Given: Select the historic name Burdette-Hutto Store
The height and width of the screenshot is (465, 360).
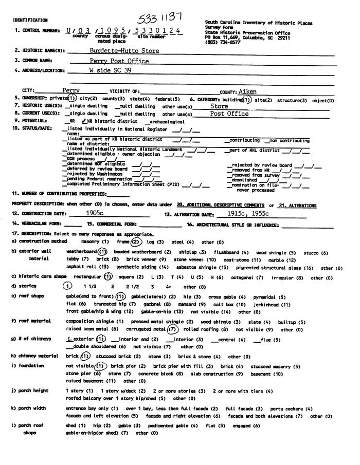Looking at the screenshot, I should pos(117,51).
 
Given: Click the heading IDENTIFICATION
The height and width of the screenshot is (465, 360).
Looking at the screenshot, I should pos(30,20).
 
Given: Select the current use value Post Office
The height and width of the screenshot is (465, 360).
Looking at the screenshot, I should pos(229,114).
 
